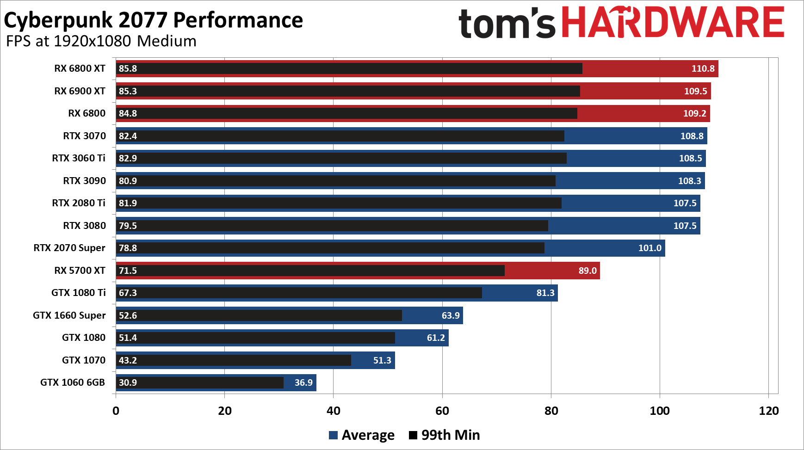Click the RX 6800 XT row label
[x=80, y=68]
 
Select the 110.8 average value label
[x=703, y=68]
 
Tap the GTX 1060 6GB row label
[x=73, y=382]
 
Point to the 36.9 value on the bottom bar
[x=303, y=382]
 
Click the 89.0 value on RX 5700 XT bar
[x=588, y=271]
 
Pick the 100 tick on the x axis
[x=660, y=411]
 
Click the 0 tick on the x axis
[x=116, y=411]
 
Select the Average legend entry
[x=362, y=435]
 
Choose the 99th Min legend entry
[x=445, y=435]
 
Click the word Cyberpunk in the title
[x=58, y=20]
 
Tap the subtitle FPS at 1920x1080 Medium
[x=101, y=41]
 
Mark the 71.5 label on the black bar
[x=128, y=271]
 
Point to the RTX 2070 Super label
[x=69, y=248]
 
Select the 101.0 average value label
[x=649, y=248]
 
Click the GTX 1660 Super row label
[x=69, y=315]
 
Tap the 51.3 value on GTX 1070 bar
[x=382, y=360]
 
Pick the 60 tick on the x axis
[x=442, y=411]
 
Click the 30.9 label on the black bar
[x=128, y=382]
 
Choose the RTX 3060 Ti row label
[x=79, y=158]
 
